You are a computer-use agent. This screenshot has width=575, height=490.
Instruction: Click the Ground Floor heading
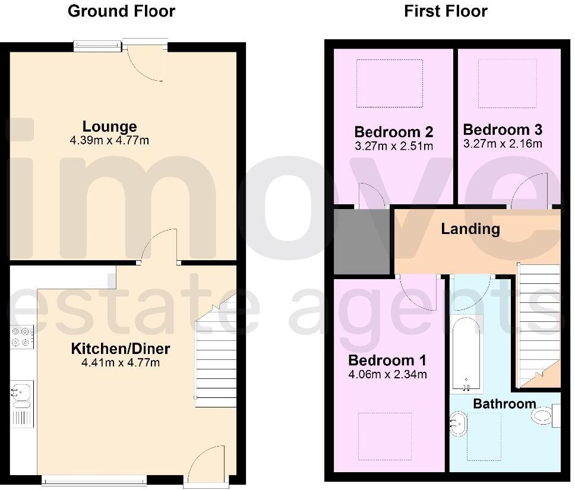121,11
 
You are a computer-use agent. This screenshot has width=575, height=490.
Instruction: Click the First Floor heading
446,11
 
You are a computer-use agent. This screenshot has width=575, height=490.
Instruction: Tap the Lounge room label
109,126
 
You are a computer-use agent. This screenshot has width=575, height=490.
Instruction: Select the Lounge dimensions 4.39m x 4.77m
109,141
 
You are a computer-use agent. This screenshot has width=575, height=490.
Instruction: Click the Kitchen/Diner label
121,348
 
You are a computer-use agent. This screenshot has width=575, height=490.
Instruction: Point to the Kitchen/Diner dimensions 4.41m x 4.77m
121,362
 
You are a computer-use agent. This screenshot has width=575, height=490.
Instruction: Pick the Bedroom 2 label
393,131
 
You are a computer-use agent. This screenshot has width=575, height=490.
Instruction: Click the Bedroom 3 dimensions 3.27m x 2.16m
503,144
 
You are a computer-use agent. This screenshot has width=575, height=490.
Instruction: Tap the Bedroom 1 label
387,360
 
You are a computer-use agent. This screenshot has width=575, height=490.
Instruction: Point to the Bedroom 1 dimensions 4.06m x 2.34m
387,374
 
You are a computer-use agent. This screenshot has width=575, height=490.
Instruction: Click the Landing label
470,229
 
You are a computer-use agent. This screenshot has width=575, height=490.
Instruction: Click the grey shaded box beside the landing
361,241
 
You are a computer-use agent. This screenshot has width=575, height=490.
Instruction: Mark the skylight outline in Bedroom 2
389,84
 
